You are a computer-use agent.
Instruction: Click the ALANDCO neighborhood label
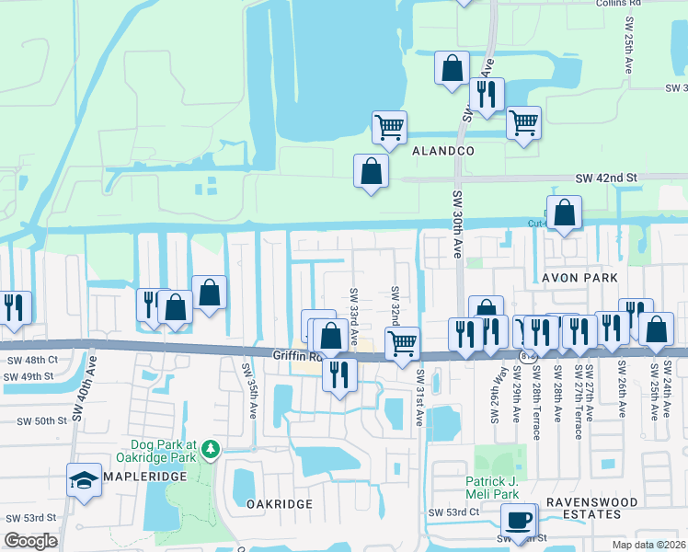pos(442,150)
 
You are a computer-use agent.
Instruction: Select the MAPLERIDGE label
pos(144,476)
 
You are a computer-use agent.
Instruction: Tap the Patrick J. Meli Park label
pos(504,487)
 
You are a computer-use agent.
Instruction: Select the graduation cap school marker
pos(84,479)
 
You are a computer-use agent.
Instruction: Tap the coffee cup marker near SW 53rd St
pos(520,519)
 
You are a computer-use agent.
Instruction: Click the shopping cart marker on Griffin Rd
pos(402,343)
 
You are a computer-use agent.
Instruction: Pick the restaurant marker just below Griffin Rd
pos(340,374)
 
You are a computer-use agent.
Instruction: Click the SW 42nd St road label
pos(606,178)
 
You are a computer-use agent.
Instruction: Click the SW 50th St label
pos(43,420)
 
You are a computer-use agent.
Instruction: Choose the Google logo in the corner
pos(30,541)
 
